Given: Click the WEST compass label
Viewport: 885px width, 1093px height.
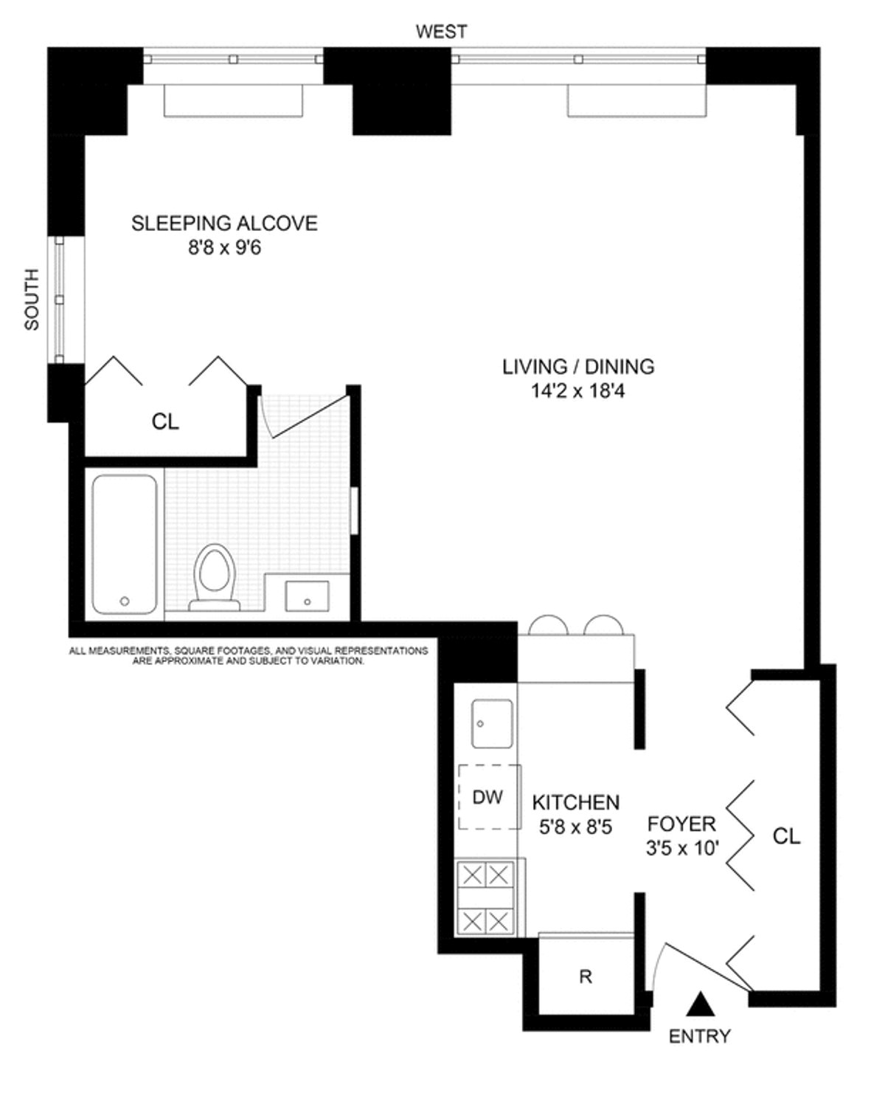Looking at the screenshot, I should coord(441,32).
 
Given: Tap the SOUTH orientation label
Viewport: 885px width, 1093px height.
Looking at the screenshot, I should coord(32,299).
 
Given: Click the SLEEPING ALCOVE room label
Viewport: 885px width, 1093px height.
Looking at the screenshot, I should coord(224,223).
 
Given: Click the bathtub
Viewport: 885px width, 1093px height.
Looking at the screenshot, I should coord(125,545).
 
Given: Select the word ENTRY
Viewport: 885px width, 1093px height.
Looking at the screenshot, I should coord(699,1036).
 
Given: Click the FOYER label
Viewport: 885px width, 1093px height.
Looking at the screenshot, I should coord(681,824).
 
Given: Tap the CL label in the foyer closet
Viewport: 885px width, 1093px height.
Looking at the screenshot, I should coord(786,836).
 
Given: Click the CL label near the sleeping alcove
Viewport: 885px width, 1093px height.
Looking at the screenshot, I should coord(165,421).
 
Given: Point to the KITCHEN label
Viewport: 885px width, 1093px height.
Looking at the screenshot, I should coord(576,802).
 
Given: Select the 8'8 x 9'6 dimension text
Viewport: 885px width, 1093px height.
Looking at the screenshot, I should coord(224,248).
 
